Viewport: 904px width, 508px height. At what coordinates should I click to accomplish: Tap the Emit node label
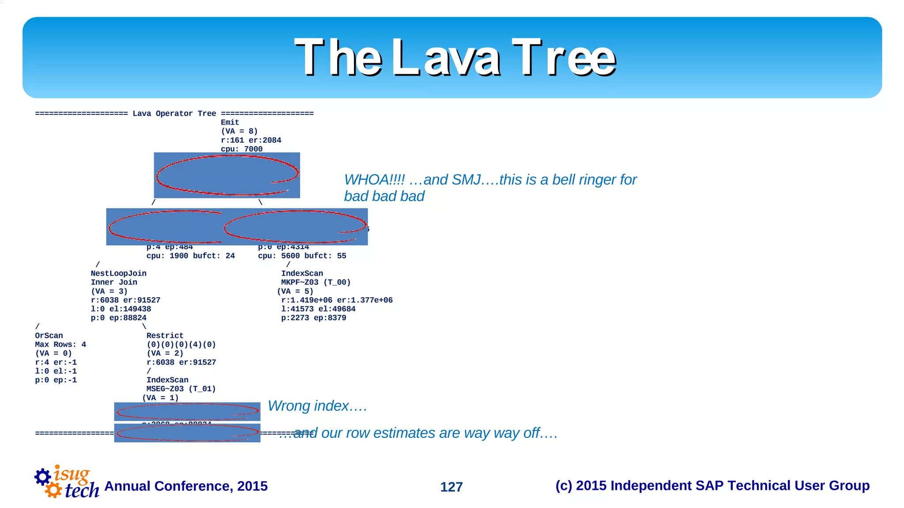tap(230, 122)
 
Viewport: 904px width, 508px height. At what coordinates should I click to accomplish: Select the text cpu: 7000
tap(241, 149)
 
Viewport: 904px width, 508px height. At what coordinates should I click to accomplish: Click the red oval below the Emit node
tap(226, 175)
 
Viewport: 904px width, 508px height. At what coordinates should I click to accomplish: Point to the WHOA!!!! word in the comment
tap(374, 180)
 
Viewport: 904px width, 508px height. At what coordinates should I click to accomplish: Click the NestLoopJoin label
tap(118, 273)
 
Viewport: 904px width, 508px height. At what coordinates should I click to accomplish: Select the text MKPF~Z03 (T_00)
tap(316, 282)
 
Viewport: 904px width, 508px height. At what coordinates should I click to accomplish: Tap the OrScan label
tap(49, 336)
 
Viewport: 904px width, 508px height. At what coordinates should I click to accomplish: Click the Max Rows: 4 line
tap(60, 345)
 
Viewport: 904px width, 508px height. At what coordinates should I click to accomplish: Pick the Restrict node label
tap(165, 336)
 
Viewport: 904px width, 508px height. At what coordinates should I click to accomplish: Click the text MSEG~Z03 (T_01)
tap(181, 389)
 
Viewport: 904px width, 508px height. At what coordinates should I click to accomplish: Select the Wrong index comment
tap(317, 406)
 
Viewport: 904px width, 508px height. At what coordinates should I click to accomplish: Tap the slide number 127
tap(451, 487)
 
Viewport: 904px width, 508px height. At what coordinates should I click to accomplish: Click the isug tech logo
tap(66, 482)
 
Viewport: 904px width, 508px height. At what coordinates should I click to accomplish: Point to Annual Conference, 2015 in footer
tap(186, 486)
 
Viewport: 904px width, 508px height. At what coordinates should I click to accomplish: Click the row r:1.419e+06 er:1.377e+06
tap(336, 300)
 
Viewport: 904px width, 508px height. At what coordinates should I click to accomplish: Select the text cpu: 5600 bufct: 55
tap(302, 256)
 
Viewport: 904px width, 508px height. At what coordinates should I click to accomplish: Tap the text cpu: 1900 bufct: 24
tap(190, 256)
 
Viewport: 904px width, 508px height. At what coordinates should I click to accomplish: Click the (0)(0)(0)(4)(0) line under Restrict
tap(181, 345)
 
